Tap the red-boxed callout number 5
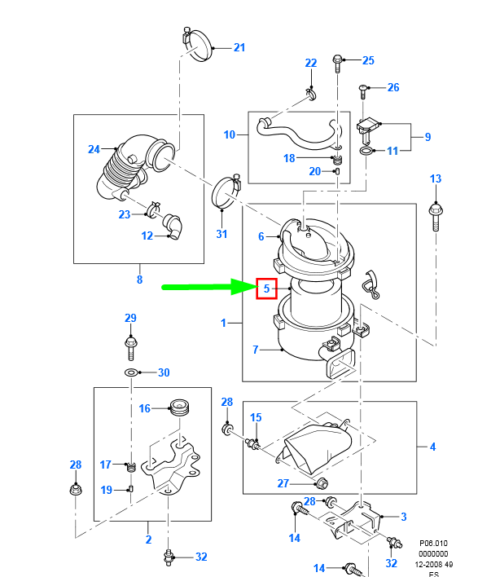point(266,288)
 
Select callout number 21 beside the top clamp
point(239,47)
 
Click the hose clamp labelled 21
point(197,45)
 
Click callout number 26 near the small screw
point(393,87)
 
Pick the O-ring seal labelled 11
point(366,151)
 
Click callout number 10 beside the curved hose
point(230,134)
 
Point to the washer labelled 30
point(131,372)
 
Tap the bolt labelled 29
point(130,347)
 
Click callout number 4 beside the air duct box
point(432,447)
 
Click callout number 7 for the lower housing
point(256,350)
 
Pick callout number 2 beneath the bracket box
point(148,539)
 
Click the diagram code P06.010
point(433,543)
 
